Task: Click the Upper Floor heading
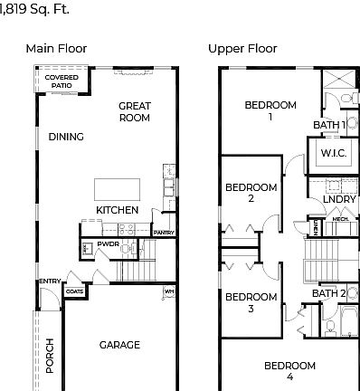(242, 49)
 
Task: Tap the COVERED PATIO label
(62, 81)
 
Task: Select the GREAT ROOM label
(134, 111)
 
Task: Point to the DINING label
(66, 137)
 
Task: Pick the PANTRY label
(164, 233)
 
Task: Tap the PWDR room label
(109, 244)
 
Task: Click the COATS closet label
(76, 291)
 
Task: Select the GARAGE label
(119, 344)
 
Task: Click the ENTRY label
(49, 281)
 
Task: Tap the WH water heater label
(168, 291)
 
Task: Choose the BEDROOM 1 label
(270, 110)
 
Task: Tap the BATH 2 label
(329, 293)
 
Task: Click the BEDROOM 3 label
(251, 302)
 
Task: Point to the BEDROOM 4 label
(289, 370)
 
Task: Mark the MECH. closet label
(340, 218)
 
